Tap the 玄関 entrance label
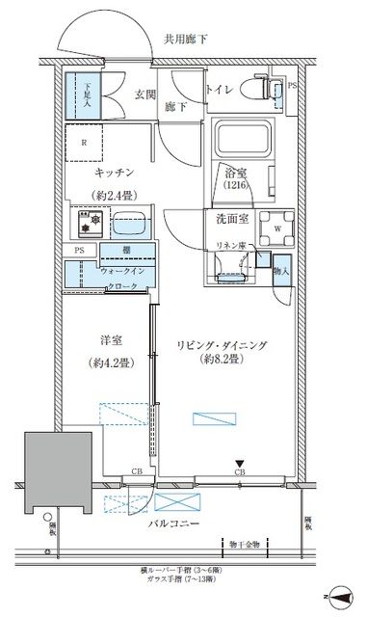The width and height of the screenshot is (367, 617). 144,93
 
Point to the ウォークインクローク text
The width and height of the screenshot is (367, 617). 123,280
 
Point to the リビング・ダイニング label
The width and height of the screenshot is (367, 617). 223,342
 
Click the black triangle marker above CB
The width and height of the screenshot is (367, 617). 239,464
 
